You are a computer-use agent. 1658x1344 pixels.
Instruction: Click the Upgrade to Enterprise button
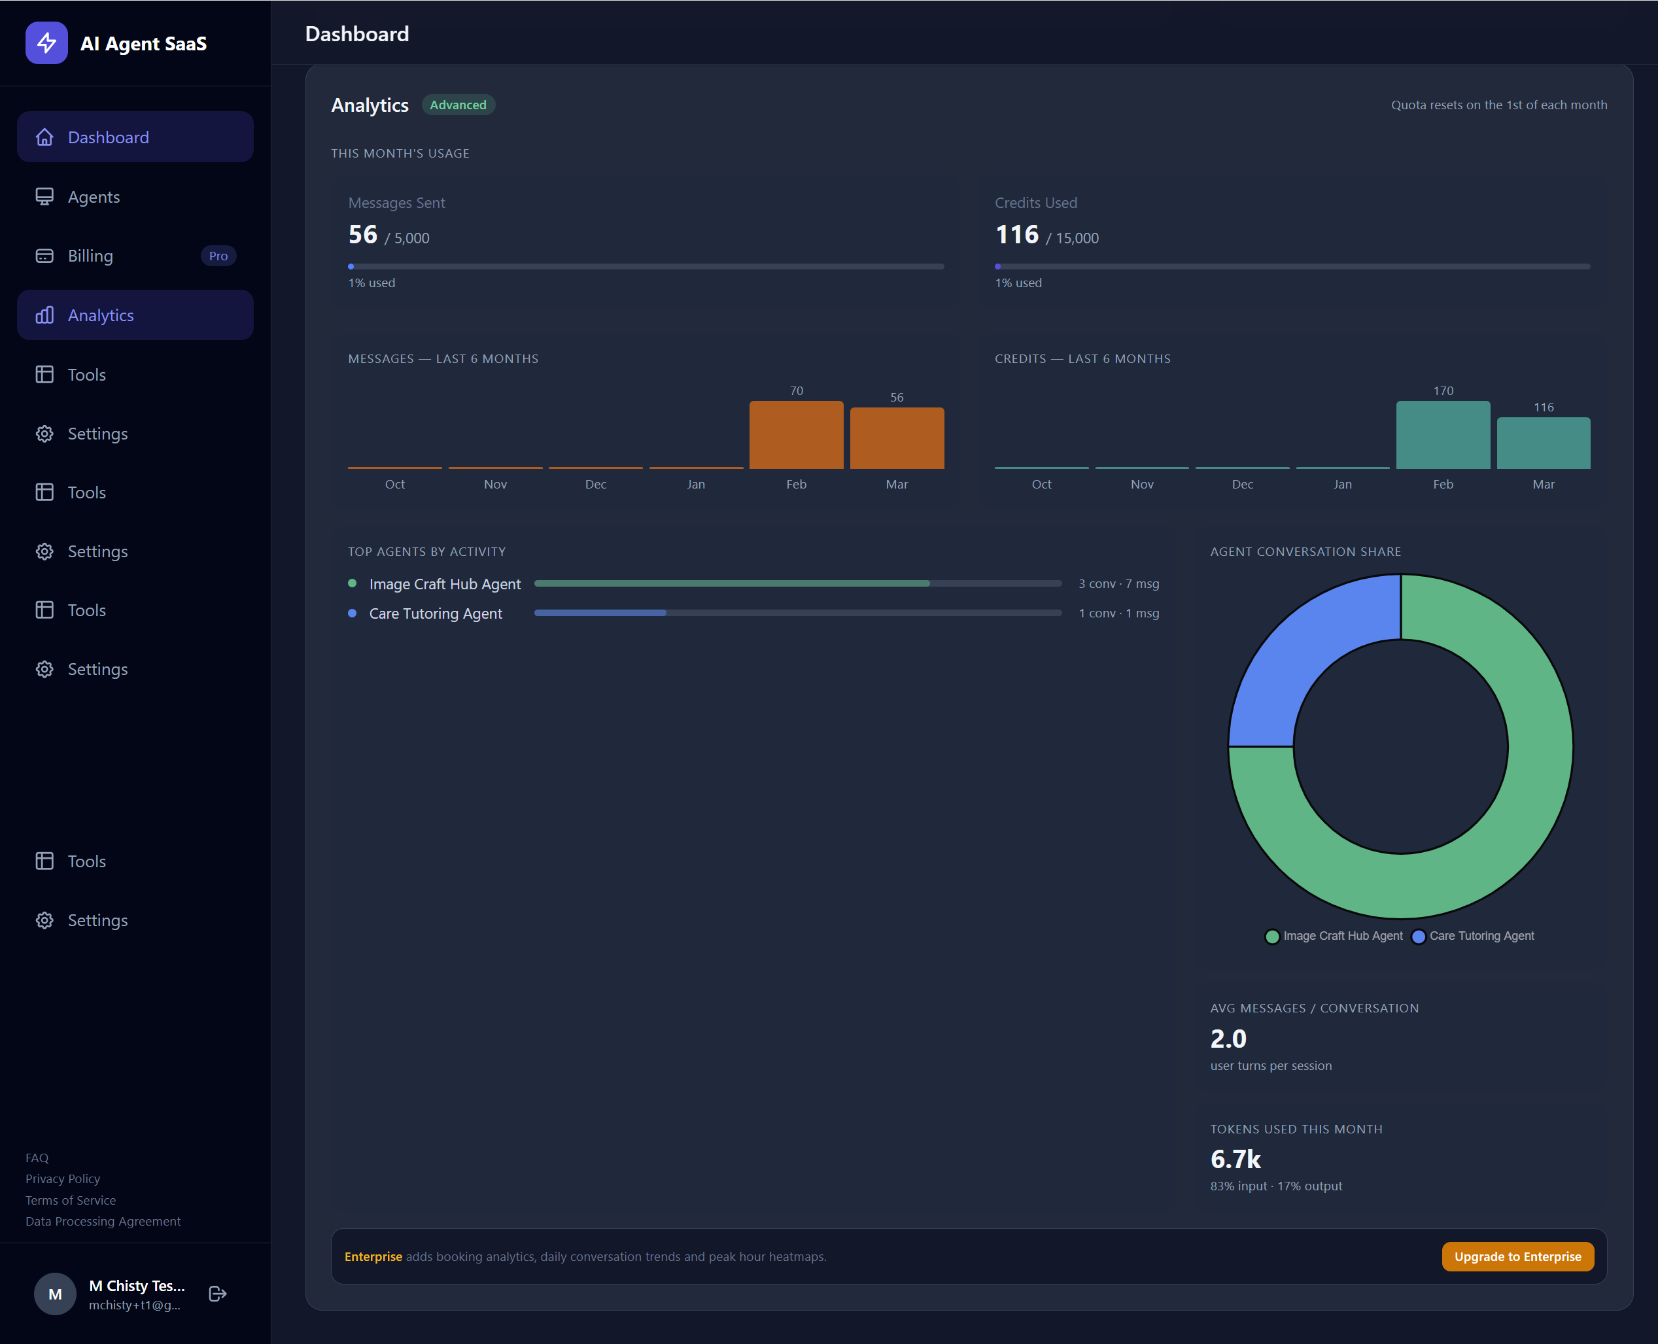click(x=1517, y=1256)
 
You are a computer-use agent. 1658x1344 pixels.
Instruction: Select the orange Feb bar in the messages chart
click(x=796, y=434)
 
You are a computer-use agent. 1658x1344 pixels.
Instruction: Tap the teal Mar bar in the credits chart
click(x=1543, y=443)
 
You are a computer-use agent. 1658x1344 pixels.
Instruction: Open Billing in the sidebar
click(x=90, y=256)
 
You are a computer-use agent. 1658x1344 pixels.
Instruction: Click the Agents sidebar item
click(x=94, y=197)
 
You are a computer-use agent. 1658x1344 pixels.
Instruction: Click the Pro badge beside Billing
click(x=218, y=256)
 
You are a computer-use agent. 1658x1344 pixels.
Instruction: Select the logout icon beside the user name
click(x=218, y=1294)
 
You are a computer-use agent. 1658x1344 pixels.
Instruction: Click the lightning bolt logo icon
click(x=46, y=43)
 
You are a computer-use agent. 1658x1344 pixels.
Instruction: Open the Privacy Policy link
click(x=63, y=1179)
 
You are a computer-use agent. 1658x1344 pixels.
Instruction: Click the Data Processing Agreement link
click(x=103, y=1221)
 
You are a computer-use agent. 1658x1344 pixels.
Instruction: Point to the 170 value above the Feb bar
click(x=1443, y=391)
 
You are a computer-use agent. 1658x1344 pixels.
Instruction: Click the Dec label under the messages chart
click(x=595, y=484)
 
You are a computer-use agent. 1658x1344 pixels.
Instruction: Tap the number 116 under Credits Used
click(x=1016, y=235)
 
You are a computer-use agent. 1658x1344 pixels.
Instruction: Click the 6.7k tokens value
click(x=1235, y=1159)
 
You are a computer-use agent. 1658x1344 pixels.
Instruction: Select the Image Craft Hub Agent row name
click(x=444, y=584)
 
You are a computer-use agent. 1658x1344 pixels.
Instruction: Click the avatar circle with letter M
click(x=55, y=1294)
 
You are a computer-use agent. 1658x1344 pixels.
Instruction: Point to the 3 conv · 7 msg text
click(x=1118, y=584)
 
